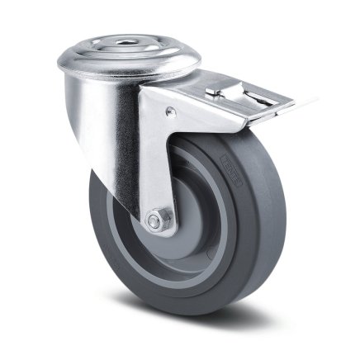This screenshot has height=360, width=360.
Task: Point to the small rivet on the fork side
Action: point(170,111)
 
